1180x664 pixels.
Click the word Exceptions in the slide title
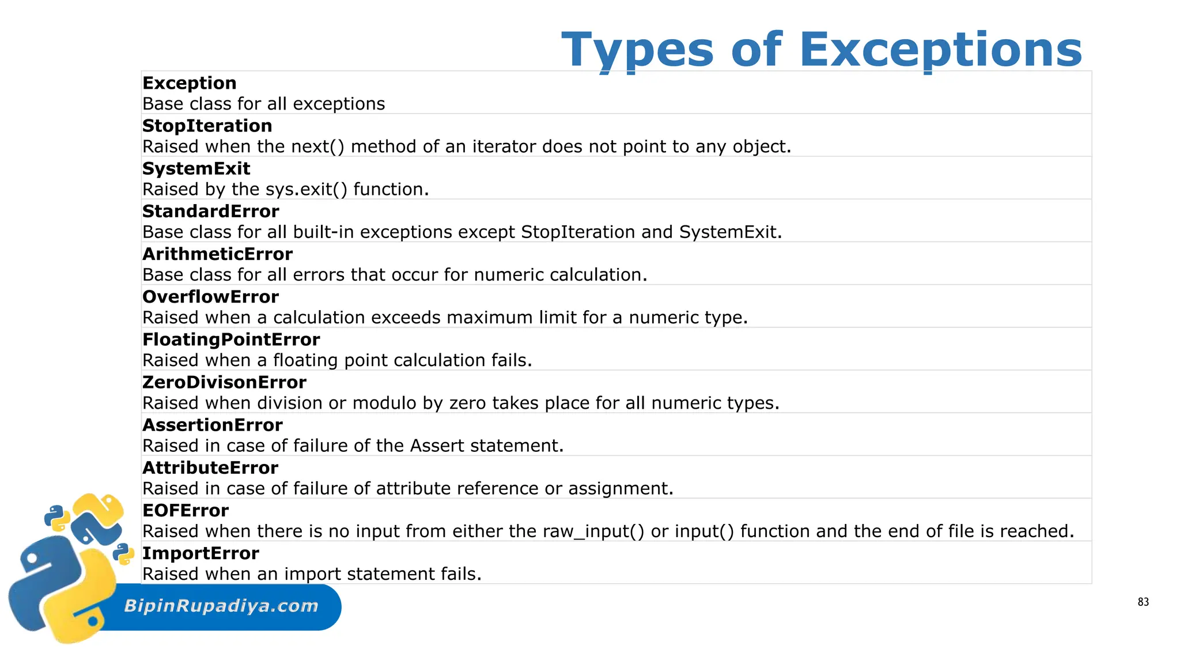click(x=941, y=50)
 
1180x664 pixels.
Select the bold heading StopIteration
click(x=207, y=126)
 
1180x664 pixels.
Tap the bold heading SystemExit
click(x=196, y=168)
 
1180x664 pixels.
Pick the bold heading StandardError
click(x=210, y=211)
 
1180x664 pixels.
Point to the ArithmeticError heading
click(x=217, y=254)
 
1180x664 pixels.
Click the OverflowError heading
click(x=210, y=296)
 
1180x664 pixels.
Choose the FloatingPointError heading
click(x=231, y=339)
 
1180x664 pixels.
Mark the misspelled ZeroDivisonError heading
click(x=224, y=382)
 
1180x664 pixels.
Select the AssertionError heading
click(x=212, y=425)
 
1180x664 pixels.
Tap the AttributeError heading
click(x=210, y=467)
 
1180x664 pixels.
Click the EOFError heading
click(x=185, y=510)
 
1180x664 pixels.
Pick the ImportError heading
click(x=201, y=553)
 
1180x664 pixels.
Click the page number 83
click(x=1143, y=602)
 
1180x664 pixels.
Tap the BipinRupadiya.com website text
click(x=221, y=606)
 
